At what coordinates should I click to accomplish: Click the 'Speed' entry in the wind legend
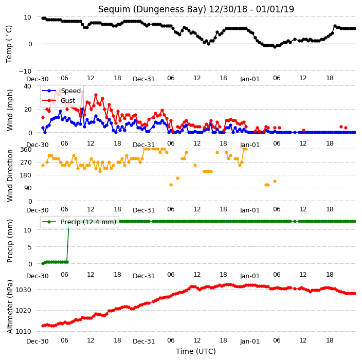tap(70, 91)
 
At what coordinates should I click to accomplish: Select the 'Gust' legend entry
tap(68, 100)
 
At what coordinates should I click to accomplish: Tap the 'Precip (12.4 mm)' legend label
tap(88, 222)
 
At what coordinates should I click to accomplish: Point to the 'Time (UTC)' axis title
tap(196, 351)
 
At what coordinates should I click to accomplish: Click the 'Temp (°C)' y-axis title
tap(9, 44)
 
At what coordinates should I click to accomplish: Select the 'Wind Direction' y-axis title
tap(10, 175)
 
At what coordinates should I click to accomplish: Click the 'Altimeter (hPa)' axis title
tap(10, 307)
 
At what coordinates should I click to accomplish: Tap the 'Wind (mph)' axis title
tap(10, 110)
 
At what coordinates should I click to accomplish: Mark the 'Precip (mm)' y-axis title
tap(10, 241)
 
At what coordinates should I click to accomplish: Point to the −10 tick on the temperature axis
tap(25, 71)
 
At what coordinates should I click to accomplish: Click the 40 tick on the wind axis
tap(27, 86)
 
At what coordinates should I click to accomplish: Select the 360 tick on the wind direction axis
tap(26, 150)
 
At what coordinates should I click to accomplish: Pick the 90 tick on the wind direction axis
tap(28, 188)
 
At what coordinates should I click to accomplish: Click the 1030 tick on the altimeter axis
tap(23, 290)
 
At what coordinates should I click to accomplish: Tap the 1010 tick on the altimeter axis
tap(23, 331)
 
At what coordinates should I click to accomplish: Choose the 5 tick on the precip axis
tap(30, 247)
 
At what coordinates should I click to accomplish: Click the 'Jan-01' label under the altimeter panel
tap(250, 341)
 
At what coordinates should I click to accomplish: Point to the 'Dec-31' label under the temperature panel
tap(143, 79)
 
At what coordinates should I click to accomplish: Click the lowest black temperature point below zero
tap(275, 47)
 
